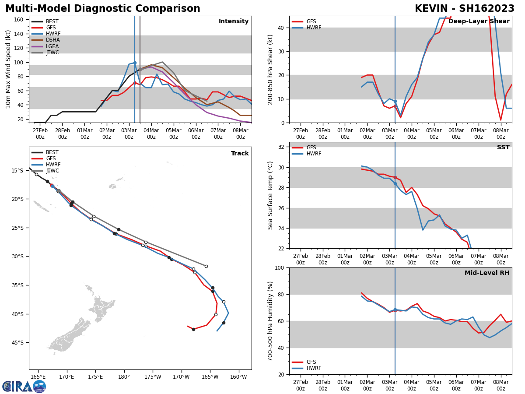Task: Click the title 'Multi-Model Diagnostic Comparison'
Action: pyautogui.click(x=103, y=9)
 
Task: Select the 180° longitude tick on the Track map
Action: pyautogui.click(x=124, y=376)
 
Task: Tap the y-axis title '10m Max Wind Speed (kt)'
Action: pyautogui.click(x=8, y=69)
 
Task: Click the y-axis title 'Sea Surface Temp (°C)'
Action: pyautogui.click(x=271, y=195)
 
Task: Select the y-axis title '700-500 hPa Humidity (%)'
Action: pyautogui.click(x=271, y=321)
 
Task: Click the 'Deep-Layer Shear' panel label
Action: pyautogui.click(x=479, y=21)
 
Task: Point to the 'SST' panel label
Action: pyautogui.click(x=503, y=148)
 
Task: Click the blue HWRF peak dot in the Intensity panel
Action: pyautogui.click(x=135, y=63)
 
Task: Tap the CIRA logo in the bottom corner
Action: pyautogui.click(x=24, y=386)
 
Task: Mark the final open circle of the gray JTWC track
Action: pyautogui.click(x=206, y=266)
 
